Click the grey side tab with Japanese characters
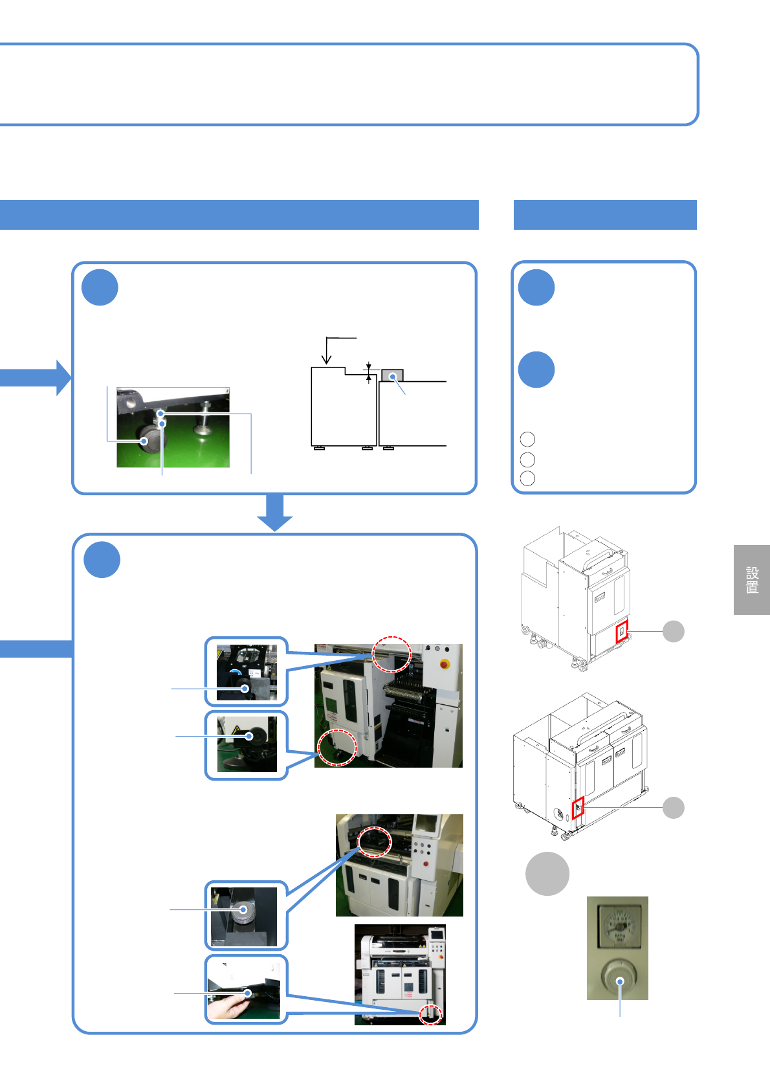coord(751,579)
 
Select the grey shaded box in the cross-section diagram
coord(392,375)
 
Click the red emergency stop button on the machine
coord(444,663)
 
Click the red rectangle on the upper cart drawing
coord(621,631)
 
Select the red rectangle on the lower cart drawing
coord(578,807)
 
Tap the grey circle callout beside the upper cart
coord(674,631)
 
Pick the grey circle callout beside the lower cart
coord(674,807)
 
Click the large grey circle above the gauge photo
coord(547,874)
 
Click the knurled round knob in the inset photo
coord(242,911)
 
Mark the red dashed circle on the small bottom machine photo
coord(430,1014)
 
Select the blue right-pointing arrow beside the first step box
coord(39,377)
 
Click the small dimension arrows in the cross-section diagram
coord(369,373)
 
